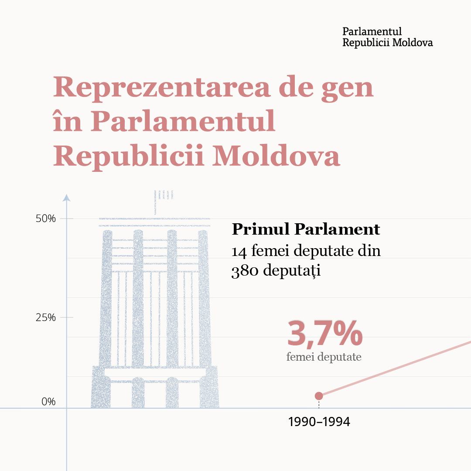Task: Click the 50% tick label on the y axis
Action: tap(45, 218)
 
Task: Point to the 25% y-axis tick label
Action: tap(45, 317)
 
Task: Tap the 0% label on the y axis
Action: tap(48, 402)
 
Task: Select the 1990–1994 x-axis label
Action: tap(319, 422)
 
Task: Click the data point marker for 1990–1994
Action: tap(319, 396)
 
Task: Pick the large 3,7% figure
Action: tap(324, 334)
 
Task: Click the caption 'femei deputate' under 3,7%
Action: tap(324, 357)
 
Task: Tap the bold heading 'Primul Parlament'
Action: tap(306, 229)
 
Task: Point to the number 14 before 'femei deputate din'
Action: tap(239, 252)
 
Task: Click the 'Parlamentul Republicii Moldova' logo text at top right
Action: tap(387, 37)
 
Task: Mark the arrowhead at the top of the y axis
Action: tap(67, 198)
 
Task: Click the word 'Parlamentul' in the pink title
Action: tap(184, 122)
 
